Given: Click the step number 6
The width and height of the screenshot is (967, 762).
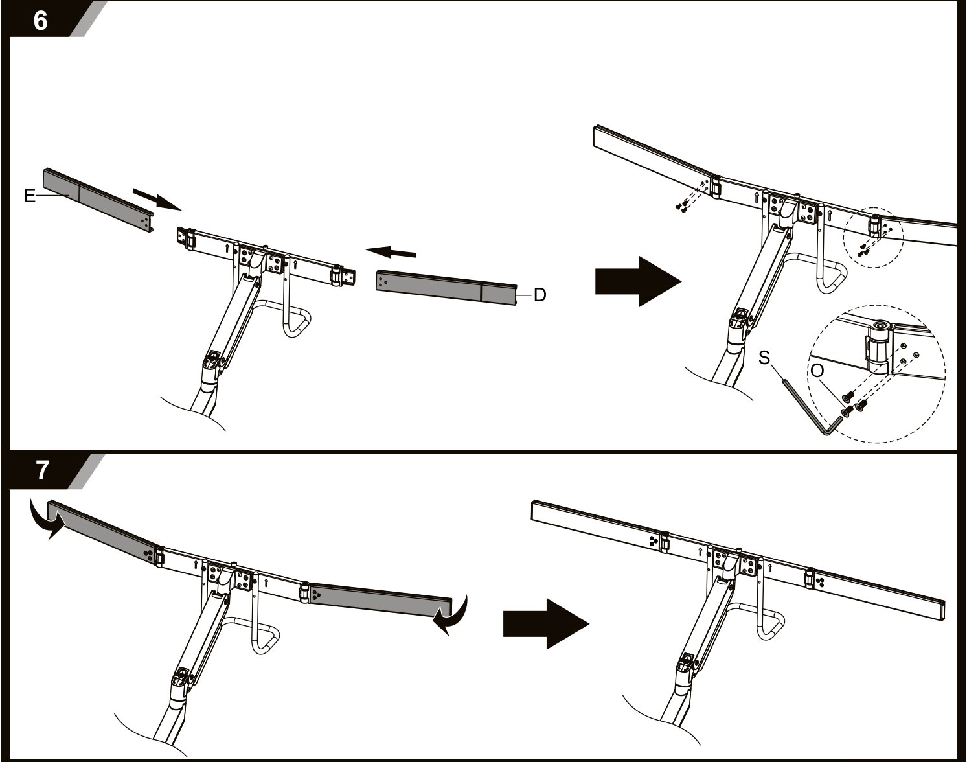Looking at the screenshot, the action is [x=40, y=20].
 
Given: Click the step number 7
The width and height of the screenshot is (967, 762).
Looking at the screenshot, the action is [x=41, y=470].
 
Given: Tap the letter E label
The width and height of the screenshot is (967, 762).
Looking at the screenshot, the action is [x=30, y=196].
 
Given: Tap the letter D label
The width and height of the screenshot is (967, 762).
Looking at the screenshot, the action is [x=540, y=295].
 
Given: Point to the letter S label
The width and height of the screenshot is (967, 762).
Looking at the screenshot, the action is [x=764, y=358].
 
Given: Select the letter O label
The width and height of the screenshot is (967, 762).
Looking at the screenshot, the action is [x=817, y=371].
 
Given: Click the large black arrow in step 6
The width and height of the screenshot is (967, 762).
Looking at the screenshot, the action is [x=638, y=282].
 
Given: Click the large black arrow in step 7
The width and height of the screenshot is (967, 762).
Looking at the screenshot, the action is [x=546, y=623].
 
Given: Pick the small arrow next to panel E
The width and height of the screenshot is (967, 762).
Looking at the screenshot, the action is [x=157, y=199].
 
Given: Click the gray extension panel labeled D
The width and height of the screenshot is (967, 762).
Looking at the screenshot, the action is [x=447, y=288].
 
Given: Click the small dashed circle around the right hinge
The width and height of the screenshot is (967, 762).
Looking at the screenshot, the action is [x=873, y=238].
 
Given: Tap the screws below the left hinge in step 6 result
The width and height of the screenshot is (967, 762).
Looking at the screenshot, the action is [x=681, y=206].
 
